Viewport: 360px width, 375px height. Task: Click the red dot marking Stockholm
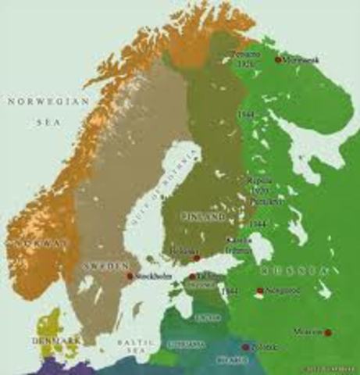[x=130, y=276]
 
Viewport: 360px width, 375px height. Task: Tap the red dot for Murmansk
[x=278, y=59]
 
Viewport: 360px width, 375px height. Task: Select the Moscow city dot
[x=306, y=332]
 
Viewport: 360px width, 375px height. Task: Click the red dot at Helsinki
[x=197, y=256]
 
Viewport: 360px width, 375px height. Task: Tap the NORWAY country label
[x=31, y=244]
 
